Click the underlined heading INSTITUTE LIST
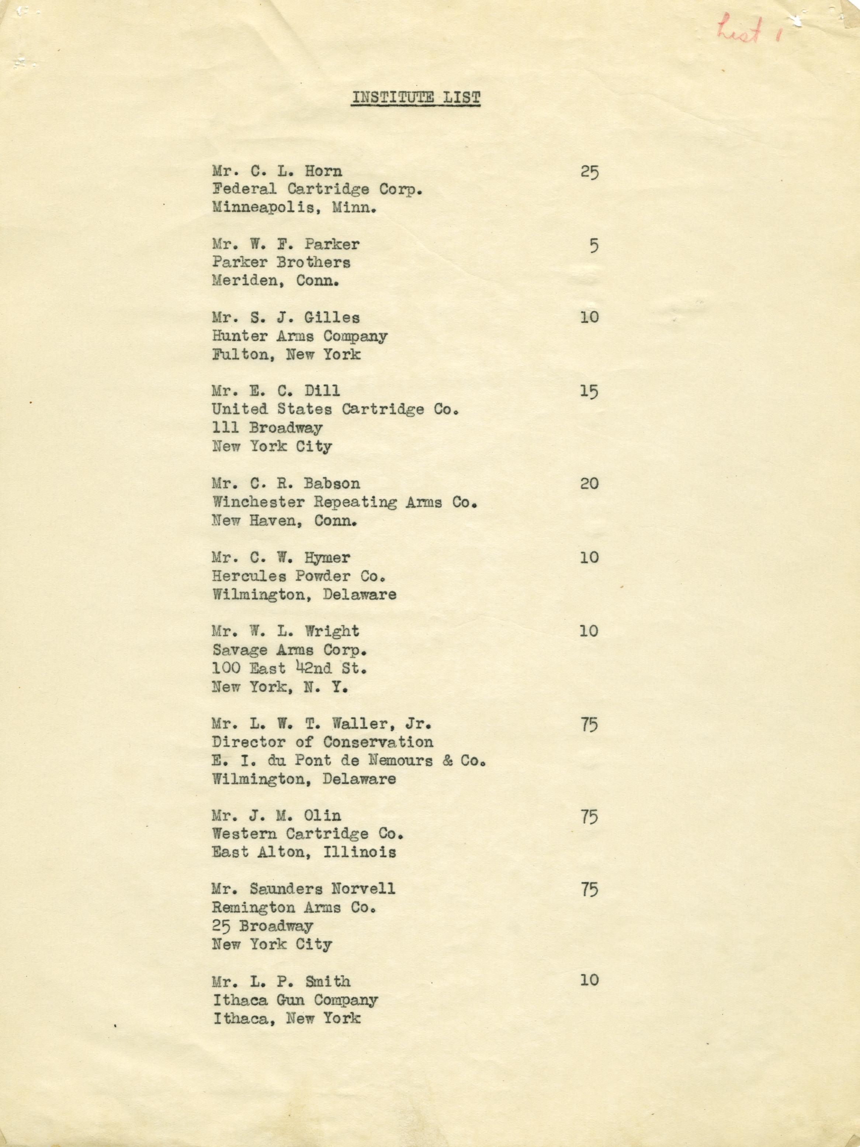pyautogui.click(x=416, y=97)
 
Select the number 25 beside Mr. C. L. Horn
pyautogui.click(x=589, y=172)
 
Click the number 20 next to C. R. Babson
pyautogui.click(x=589, y=484)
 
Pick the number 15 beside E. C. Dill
pyautogui.click(x=589, y=391)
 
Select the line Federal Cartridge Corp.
pyautogui.click(x=317, y=189)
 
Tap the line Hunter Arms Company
pyautogui.click(x=299, y=336)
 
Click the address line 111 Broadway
pyautogui.click(x=267, y=428)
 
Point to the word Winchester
pyautogui.click(x=258, y=502)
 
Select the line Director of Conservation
pyautogui.click(x=322, y=742)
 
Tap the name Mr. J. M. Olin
pyautogui.click(x=276, y=816)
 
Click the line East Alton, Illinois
pyautogui.click(x=304, y=852)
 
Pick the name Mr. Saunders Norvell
pyautogui.click(x=303, y=889)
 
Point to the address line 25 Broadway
pyautogui.click(x=262, y=926)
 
